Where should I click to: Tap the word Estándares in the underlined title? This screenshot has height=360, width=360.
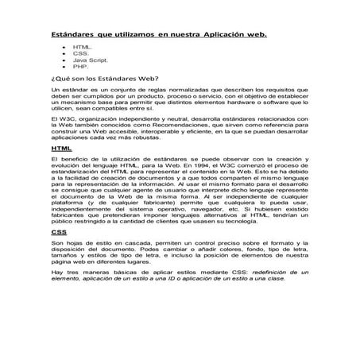click(73, 36)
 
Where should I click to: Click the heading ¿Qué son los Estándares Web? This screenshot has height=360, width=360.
click(103, 79)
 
